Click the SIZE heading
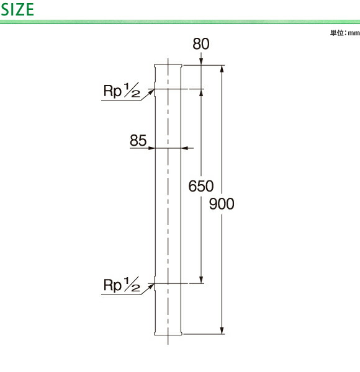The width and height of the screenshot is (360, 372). coord(17,9)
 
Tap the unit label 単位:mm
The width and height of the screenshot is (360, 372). coord(345,33)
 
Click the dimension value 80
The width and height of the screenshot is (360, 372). coord(201,44)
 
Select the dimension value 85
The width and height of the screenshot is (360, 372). coord(138,140)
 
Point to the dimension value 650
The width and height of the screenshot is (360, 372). coord(201,186)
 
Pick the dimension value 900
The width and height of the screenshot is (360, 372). coord(222,204)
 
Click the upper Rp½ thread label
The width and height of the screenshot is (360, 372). coord(122,90)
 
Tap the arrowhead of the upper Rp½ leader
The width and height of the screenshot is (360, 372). coord(151,92)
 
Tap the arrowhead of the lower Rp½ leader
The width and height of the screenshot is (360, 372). coord(151,286)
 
